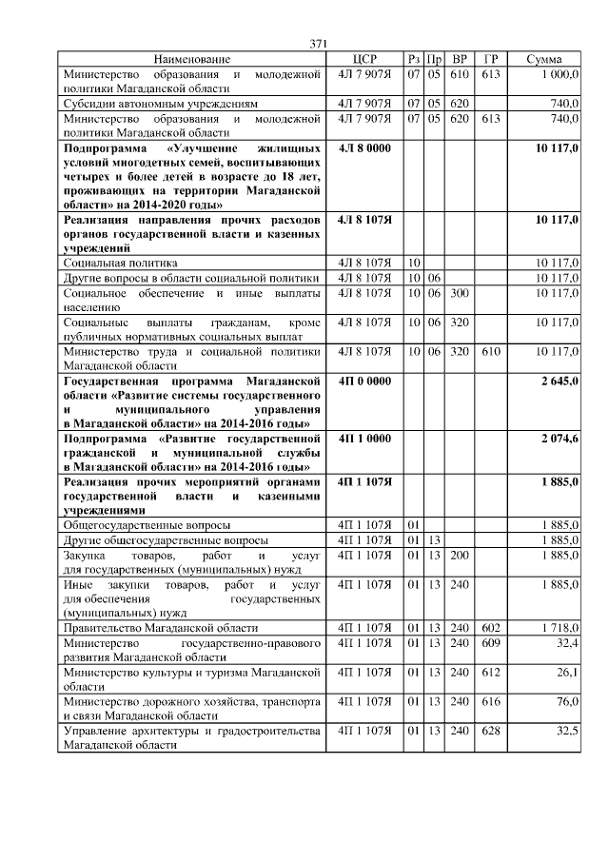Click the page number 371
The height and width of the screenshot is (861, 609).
click(x=319, y=43)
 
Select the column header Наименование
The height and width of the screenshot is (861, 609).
click(x=191, y=59)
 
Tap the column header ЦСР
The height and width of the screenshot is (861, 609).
click(x=364, y=59)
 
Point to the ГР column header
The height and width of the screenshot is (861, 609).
click(x=490, y=59)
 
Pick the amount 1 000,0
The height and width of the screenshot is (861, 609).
click(x=560, y=73)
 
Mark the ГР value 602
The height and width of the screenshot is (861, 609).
click(x=490, y=629)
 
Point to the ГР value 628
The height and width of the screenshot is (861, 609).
click(x=490, y=730)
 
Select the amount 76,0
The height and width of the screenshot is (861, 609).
click(x=567, y=701)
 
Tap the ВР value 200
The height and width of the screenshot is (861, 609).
click(x=460, y=554)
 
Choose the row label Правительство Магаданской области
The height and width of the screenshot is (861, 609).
click(x=160, y=629)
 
